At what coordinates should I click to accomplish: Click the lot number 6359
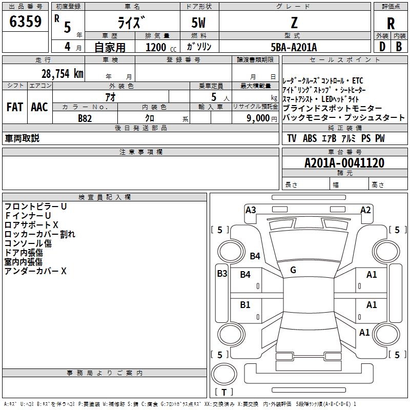(25, 23)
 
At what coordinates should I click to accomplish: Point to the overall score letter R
(391, 24)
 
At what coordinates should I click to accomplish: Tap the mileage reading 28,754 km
(62, 73)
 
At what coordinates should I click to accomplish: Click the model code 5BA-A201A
(294, 47)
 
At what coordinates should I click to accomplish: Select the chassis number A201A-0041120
(344, 163)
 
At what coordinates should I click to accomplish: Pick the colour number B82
(85, 118)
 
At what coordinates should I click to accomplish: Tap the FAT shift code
(14, 107)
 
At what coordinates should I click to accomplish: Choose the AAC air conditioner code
(39, 107)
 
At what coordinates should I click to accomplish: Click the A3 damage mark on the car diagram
(251, 210)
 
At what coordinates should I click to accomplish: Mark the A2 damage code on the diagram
(365, 210)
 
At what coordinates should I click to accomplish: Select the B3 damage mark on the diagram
(221, 273)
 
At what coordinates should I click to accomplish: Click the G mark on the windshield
(293, 270)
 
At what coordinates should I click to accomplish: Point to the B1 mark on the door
(245, 304)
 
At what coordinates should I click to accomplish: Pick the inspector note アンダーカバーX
(36, 271)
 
